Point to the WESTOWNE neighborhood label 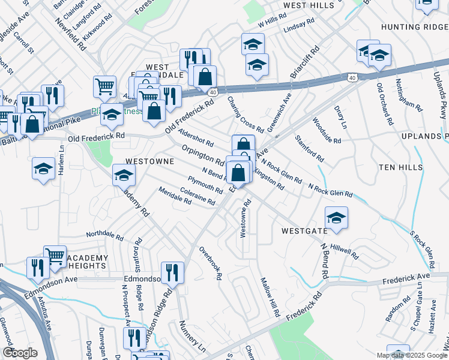149,162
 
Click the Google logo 20,352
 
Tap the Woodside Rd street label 327,130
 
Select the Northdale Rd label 105,234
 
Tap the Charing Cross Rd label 245,115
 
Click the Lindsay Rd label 300,25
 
